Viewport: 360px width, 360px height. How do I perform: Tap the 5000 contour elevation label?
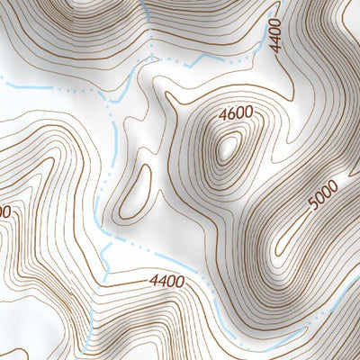pyautogui.click(x=321, y=195)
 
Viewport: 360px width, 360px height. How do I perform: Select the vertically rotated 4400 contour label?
pyautogui.click(x=274, y=35)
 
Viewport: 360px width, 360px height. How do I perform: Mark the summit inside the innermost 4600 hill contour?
pyautogui.click(x=229, y=144)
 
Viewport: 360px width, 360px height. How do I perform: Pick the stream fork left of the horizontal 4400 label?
pyautogui.click(x=108, y=241)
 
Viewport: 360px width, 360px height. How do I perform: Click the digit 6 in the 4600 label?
pyautogui.click(x=229, y=114)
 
